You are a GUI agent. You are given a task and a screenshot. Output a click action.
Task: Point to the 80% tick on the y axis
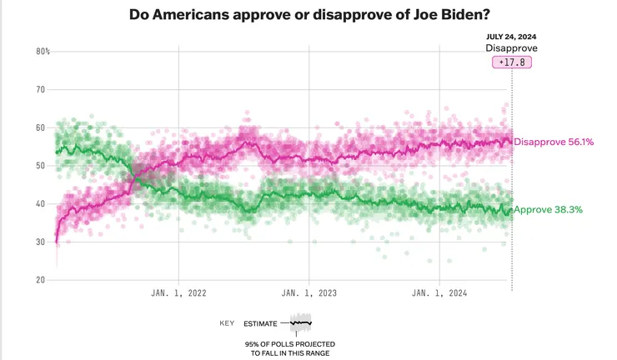tap(42, 52)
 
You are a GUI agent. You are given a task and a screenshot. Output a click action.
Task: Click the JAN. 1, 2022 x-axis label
tap(178, 293)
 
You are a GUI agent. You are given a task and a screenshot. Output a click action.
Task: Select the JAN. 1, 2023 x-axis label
tap(309, 293)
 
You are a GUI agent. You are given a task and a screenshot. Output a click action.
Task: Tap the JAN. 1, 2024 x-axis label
tap(439, 293)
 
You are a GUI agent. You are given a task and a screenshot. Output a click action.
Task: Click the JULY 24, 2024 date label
tap(511, 36)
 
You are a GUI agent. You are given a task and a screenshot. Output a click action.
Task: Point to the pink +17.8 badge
tap(511, 62)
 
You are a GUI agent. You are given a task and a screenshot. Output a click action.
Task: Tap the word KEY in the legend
tap(226, 322)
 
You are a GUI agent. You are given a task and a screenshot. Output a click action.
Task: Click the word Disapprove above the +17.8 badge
tap(511, 48)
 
